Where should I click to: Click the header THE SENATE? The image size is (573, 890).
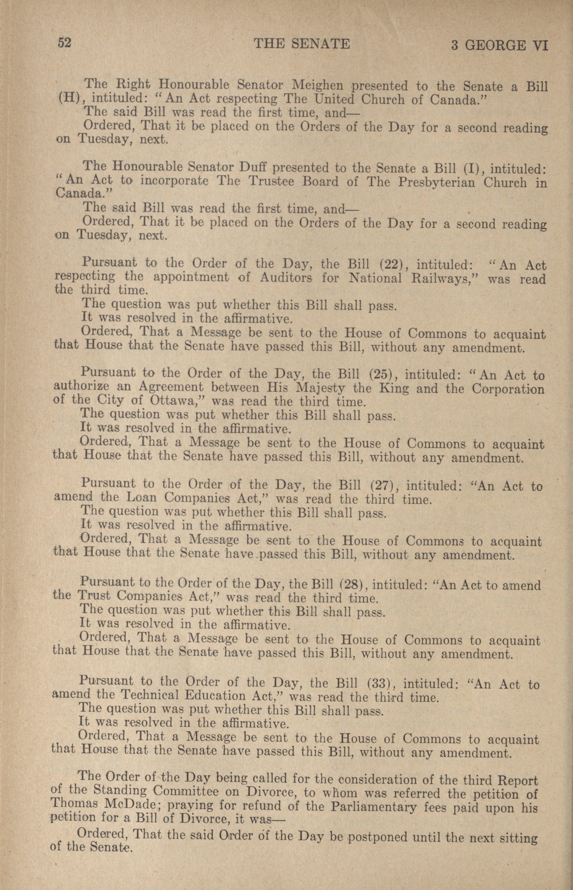[x=302, y=44]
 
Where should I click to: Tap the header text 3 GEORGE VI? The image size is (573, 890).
[x=499, y=46]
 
